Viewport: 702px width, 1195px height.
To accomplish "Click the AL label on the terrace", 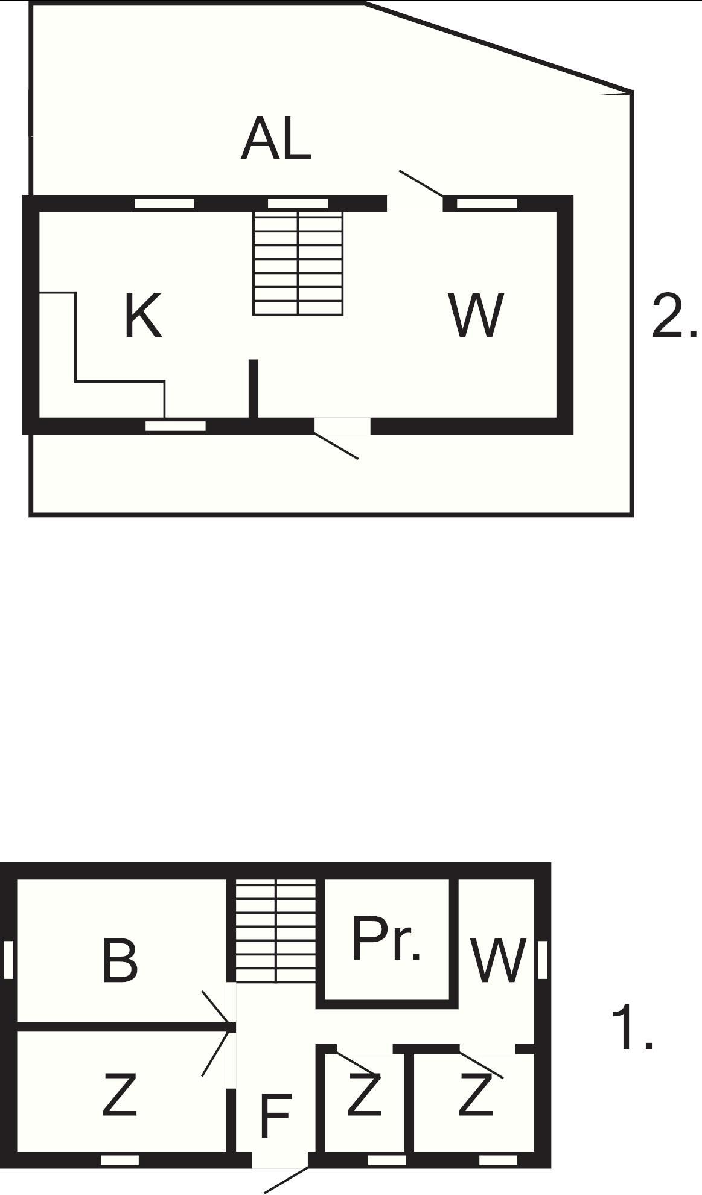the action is [276, 140].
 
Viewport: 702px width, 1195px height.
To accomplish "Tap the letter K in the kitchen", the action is [143, 315].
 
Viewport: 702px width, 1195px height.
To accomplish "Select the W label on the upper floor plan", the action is [476, 315].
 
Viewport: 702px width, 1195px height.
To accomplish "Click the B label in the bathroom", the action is [120, 960].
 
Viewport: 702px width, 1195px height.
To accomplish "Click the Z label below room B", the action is [120, 1094].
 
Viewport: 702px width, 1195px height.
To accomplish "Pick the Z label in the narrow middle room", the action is [364, 1094].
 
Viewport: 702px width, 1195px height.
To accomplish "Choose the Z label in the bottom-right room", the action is [476, 1094].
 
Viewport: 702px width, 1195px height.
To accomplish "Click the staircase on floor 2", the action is [298, 263].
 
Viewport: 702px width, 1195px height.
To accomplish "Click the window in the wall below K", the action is [176, 426].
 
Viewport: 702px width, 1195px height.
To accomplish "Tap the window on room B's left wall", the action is [8, 960].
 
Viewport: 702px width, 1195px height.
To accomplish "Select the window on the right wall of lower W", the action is [543, 960].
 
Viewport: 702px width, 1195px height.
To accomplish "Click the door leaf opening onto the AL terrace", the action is [421, 183].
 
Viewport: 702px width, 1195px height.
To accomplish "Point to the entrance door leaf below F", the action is [287, 1171].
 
